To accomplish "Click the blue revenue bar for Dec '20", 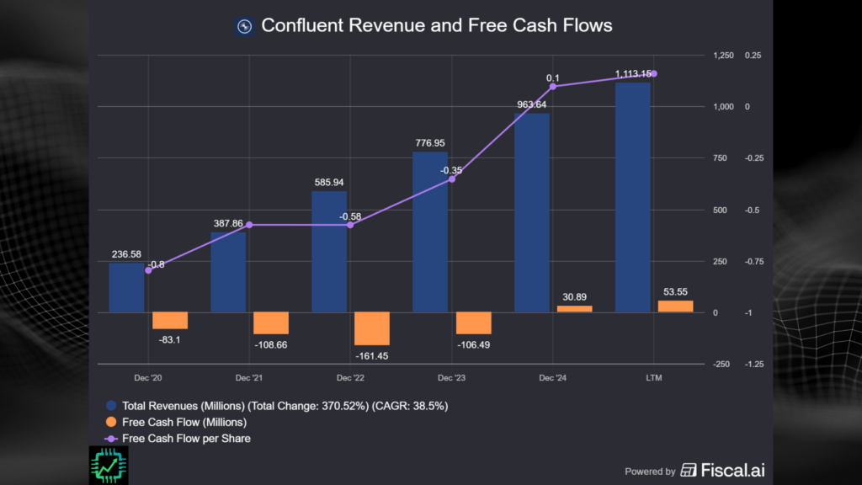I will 126,287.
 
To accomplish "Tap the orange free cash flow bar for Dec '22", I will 372,328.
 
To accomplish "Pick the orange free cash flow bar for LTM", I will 675,306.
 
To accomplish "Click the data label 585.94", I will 329,182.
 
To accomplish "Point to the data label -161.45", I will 372,356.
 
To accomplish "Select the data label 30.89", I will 574,296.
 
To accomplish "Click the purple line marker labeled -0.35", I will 451,179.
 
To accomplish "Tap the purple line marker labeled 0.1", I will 553,87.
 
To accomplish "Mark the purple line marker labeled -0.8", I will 149,270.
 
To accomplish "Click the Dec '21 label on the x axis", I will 249,379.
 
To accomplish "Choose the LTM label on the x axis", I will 654,379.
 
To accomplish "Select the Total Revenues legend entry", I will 285,405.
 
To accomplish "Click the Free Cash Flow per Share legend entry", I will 186,438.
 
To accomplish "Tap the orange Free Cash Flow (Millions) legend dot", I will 112,422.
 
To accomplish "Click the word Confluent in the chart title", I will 301,25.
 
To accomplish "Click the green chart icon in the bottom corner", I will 109,465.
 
